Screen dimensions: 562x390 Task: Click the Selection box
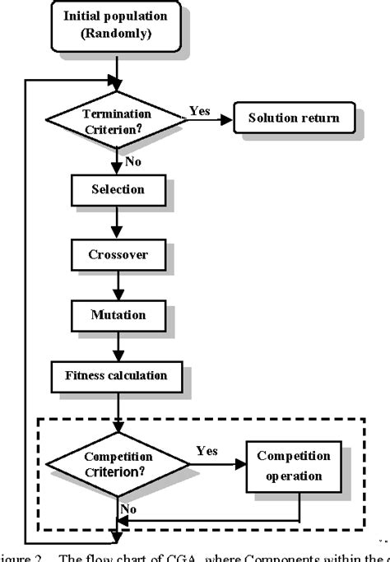pos(117,190)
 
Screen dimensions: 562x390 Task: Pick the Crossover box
pos(118,254)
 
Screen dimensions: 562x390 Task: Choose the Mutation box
pos(118,314)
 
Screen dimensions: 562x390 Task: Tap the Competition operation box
pos(294,465)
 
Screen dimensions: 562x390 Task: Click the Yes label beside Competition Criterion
pos(207,451)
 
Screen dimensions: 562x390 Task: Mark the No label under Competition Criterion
pos(128,510)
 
